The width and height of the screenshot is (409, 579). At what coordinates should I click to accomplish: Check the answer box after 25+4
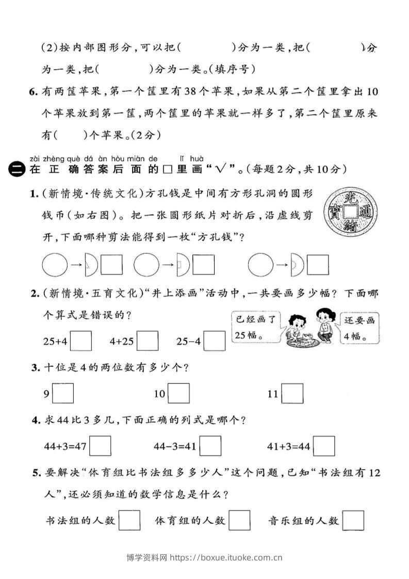(x=81, y=341)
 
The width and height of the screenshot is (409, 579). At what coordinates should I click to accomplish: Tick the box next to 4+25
(x=148, y=341)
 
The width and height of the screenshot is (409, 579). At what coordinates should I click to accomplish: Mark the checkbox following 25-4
(x=215, y=341)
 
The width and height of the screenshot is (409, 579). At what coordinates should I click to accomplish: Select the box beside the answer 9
(x=63, y=394)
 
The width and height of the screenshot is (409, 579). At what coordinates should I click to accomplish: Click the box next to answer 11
(x=292, y=394)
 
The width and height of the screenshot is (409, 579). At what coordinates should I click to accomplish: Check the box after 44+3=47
(x=100, y=446)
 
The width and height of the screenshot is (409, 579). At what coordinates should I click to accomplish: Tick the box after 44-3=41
(x=210, y=446)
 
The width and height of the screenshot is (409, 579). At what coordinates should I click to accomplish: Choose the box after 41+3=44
(x=324, y=446)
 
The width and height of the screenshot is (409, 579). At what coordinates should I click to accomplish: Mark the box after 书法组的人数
(x=129, y=520)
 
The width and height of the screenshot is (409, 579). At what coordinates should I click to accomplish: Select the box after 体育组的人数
(x=239, y=520)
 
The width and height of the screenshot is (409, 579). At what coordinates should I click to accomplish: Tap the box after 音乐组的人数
(x=353, y=520)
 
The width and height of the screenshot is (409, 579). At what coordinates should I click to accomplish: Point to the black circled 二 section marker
(x=17, y=169)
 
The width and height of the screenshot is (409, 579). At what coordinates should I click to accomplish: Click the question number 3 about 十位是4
(x=35, y=368)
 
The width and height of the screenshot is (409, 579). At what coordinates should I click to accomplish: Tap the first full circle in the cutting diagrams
(x=54, y=265)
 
